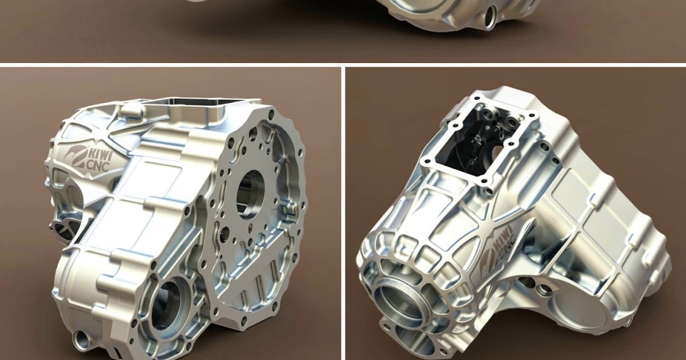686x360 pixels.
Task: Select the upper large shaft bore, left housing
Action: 250,194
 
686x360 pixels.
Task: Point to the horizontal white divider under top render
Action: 343,65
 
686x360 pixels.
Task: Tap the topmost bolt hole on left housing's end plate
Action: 269,114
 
